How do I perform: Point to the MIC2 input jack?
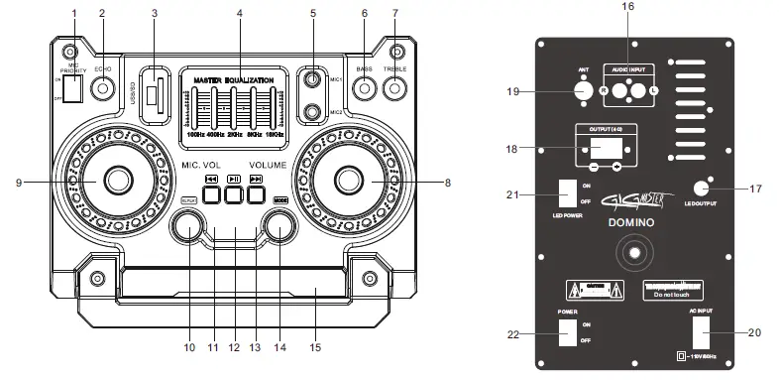tap(314, 112)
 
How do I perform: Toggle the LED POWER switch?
tap(566, 191)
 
